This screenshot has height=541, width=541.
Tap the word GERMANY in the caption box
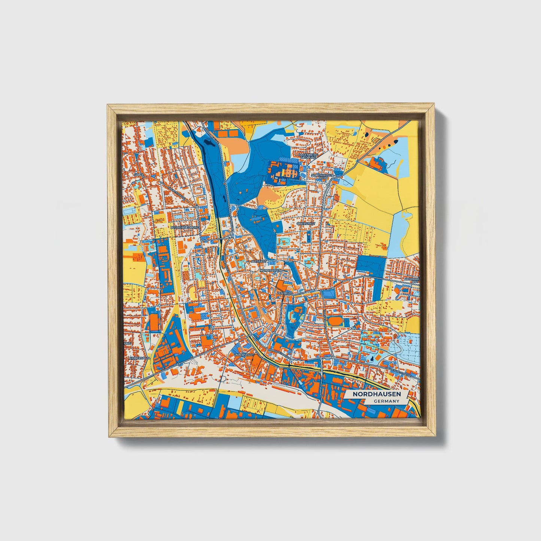click(386, 401)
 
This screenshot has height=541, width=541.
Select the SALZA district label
click(139, 175)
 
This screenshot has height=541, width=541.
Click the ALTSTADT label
click(259, 261)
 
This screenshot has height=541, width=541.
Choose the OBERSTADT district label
click(306, 224)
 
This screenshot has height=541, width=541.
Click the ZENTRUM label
click(285, 293)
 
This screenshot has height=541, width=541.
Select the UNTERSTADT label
click(244, 354)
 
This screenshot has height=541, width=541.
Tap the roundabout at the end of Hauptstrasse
click(197, 206)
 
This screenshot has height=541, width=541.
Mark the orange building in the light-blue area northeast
click(377, 162)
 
